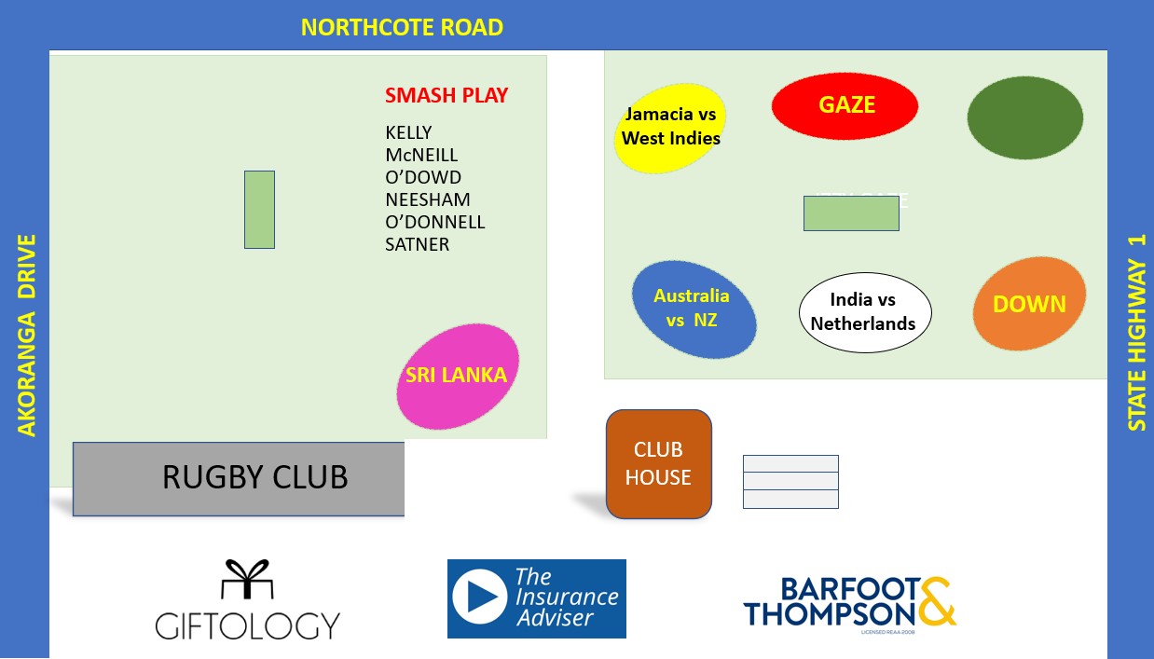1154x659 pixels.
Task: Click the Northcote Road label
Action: (402, 28)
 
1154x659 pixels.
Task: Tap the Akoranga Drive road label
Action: (27, 336)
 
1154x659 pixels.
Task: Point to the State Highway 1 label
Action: (1136, 332)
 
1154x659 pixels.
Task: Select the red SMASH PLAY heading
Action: (446, 95)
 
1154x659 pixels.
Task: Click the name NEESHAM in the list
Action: (428, 199)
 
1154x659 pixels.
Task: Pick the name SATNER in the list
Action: (417, 244)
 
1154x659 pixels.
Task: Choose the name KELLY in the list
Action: (408, 132)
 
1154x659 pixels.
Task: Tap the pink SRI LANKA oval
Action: (457, 376)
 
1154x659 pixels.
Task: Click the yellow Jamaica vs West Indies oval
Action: (670, 127)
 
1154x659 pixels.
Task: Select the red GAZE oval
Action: (845, 105)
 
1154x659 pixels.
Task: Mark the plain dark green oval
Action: (1024, 117)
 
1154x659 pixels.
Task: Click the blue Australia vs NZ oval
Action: (693, 309)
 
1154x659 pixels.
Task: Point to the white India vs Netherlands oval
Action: (864, 312)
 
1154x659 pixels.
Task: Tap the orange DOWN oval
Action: (1029, 304)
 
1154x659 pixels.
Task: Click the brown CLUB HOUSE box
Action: (658, 463)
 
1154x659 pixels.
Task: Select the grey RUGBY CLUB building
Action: (239, 478)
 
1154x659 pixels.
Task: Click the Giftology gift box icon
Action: (247, 580)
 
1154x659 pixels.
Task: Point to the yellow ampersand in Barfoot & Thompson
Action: (936, 601)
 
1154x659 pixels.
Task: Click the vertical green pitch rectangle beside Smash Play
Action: (259, 210)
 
